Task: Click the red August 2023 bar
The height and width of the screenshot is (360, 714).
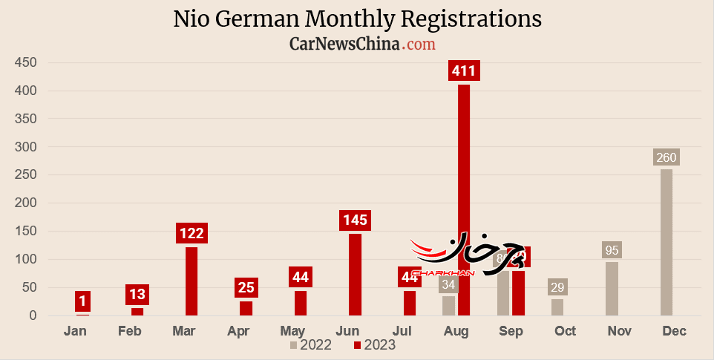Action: [x=464, y=200]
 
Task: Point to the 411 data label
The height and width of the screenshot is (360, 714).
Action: [x=465, y=71]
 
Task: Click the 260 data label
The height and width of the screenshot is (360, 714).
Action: [x=666, y=157]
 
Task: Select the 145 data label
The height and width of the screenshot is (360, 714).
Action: [x=355, y=220]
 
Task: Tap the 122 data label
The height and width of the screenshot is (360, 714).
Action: [x=191, y=233]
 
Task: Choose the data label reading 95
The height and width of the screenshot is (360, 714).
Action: [x=612, y=250]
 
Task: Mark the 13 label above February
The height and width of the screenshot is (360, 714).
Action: [x=137, y=295]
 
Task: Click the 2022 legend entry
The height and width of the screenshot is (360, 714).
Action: [x=311, y=344]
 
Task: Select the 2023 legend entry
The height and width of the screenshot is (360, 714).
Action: [x=375, y=344]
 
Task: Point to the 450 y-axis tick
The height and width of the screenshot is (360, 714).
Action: [x=26, y=62]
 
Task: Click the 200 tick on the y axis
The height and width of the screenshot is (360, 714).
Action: [x=26, y=147]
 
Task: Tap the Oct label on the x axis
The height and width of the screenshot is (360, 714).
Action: [x=565, y=331]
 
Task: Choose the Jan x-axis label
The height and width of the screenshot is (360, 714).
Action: [x=75, y=331]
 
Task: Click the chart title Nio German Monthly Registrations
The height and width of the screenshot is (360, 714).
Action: [x=357, y=19]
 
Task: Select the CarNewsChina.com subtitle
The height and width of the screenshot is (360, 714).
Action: [x=362, y=45]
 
